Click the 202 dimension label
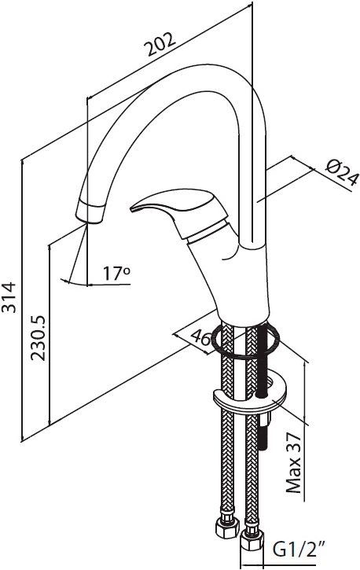coord(160,44)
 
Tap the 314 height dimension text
coord(9,297)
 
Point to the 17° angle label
coord(116,274)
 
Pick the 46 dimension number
coord(201,338)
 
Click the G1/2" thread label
coord(299,550)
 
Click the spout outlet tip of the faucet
coord(90,212)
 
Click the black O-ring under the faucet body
coord(246,340)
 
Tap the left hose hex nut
coord(227,527)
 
